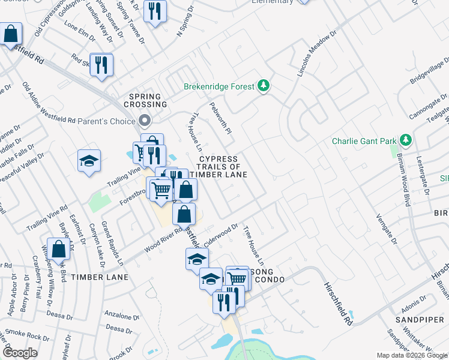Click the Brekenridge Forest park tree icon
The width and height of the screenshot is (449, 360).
pos(263,86)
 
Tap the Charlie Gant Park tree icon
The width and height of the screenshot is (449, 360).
pos(406,141)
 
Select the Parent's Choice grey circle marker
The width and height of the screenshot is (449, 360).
pos(145,121)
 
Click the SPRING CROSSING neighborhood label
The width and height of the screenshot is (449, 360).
pos(145,100)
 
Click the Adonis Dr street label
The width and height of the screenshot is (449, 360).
pos(414,305)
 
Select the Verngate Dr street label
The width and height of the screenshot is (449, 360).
pos(386,230)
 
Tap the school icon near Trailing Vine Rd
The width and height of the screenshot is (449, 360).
pos(89,161)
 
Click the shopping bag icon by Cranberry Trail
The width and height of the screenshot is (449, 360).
pos(58,248)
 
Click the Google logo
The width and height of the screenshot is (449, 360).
pos(20,353)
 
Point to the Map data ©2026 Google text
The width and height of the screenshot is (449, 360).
pos(412,355)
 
